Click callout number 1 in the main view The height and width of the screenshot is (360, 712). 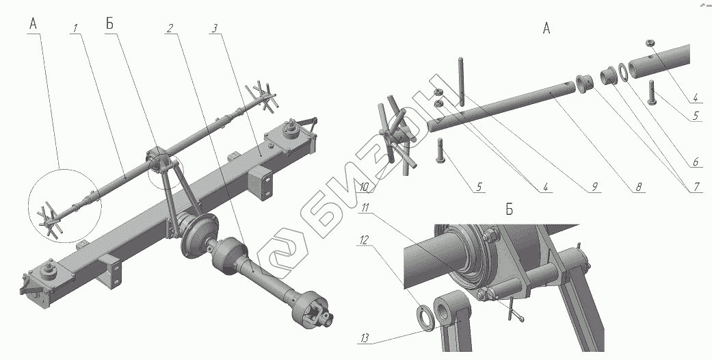pyautogui.click(x=75, y=29)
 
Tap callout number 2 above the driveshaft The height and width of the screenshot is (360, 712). pyautogui.click(x=170, y=29)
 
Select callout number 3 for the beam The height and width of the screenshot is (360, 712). pyautogui.click(x=214, y=29)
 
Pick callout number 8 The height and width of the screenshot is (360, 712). pyautogui.click(x=638, y=187)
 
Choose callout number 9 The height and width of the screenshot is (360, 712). pyautogui.click(x=594, y=186)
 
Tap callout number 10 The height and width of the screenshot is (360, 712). pyautogui.click(x=364, y=187)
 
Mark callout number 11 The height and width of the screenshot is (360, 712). pyautogui.click(x=365, y=207)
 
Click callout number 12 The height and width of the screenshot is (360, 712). pyautogui.click(x=365, y=239)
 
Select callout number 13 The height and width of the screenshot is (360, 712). pyautogui.click(x=365, y=338)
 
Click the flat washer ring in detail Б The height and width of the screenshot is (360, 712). pyautogui.click(x=426, y=316)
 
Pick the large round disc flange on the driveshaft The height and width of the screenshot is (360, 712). pyautogui.click(x=199, y=236)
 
